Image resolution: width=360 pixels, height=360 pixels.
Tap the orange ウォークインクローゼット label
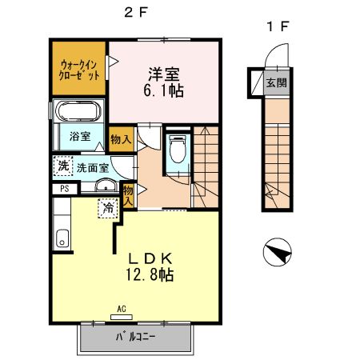pos(79,69)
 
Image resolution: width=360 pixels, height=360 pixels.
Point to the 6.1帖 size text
pos(163,91)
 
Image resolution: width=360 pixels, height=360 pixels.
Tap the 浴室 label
pos(78,136)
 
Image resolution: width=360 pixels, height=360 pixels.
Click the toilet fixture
pos(178,150)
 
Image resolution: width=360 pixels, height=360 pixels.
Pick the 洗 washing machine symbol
pos(62,166)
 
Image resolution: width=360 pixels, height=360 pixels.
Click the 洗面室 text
pos(93,168)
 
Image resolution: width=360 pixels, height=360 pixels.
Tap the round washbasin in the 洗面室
pos(103,188)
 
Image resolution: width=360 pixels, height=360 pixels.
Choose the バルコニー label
pos(134,338)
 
